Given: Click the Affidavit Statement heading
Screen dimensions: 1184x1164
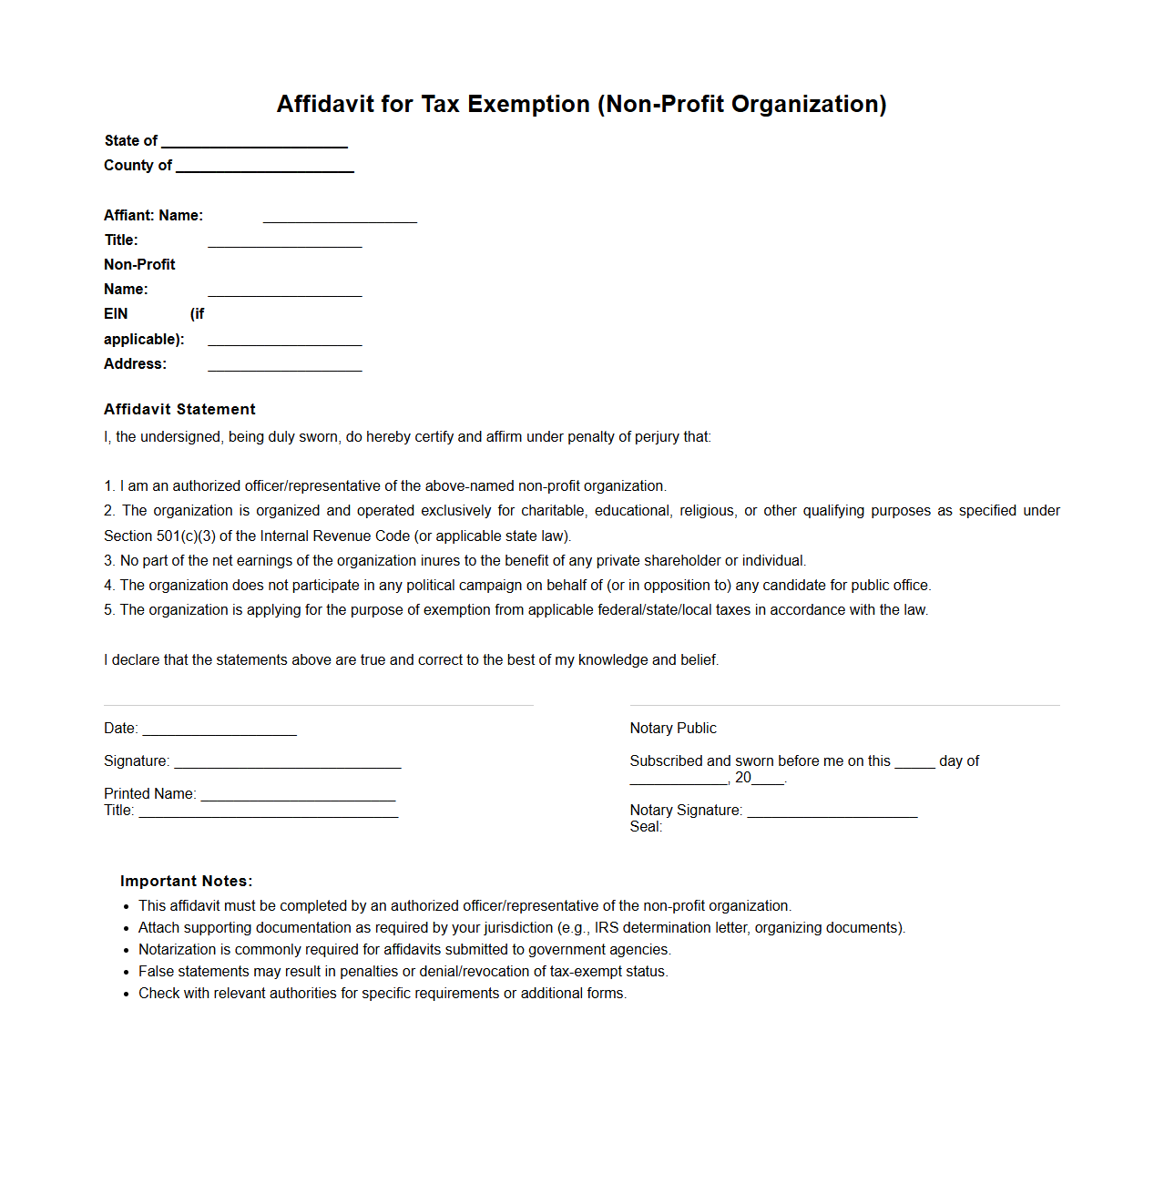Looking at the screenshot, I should (x=179, y=409).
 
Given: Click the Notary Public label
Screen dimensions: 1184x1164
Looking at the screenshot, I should (x=672, y=728).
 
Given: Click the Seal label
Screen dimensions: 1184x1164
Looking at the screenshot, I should (x=645, y=826).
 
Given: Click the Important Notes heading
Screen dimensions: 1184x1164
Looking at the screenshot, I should (x=186, y=881).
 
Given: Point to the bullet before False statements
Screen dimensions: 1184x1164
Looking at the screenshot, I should (x=127, y=972).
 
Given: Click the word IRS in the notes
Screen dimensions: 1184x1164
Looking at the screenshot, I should (x=607, y=927).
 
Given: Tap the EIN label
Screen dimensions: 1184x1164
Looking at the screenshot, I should (x=116, y=313).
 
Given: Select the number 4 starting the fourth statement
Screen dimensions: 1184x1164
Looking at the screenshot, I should (x=108, y=585).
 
